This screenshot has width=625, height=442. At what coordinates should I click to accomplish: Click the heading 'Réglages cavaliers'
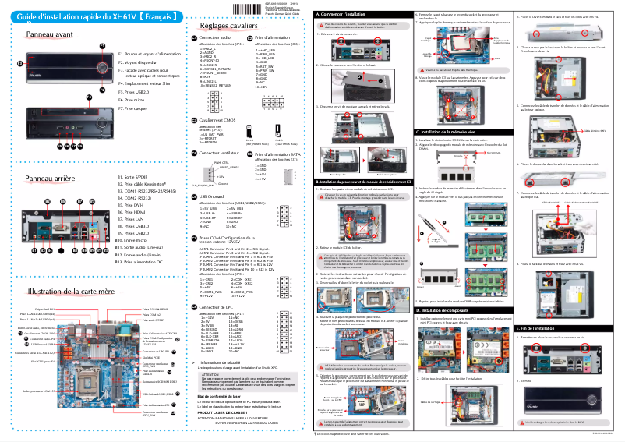228,27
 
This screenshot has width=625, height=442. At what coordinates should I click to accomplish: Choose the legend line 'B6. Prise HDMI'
130,212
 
